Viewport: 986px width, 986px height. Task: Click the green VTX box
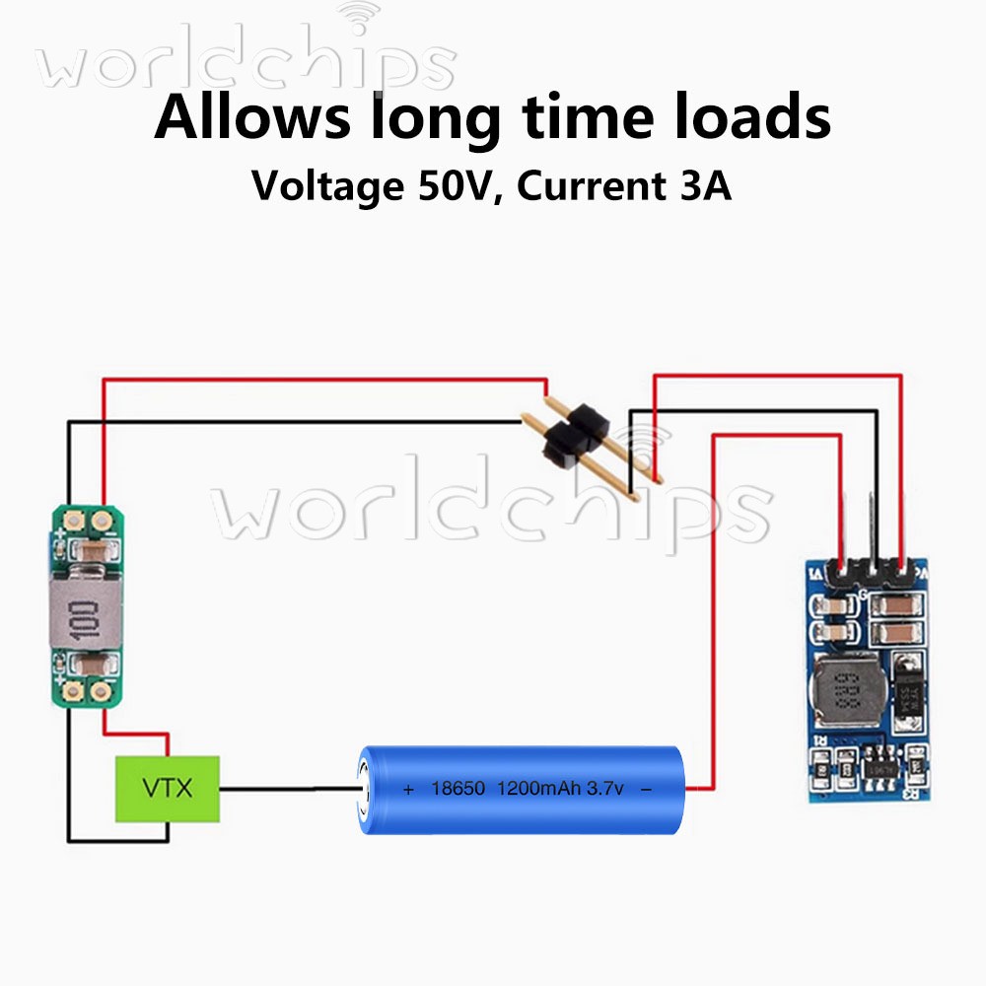[x=168, y=789]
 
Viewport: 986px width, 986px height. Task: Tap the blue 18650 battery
[x=523, y=789]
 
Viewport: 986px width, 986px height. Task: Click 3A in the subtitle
[x=702, y=185]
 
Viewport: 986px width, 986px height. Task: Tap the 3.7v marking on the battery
[x=605, y=789]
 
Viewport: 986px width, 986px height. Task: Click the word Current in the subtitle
[x=581, y=185]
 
